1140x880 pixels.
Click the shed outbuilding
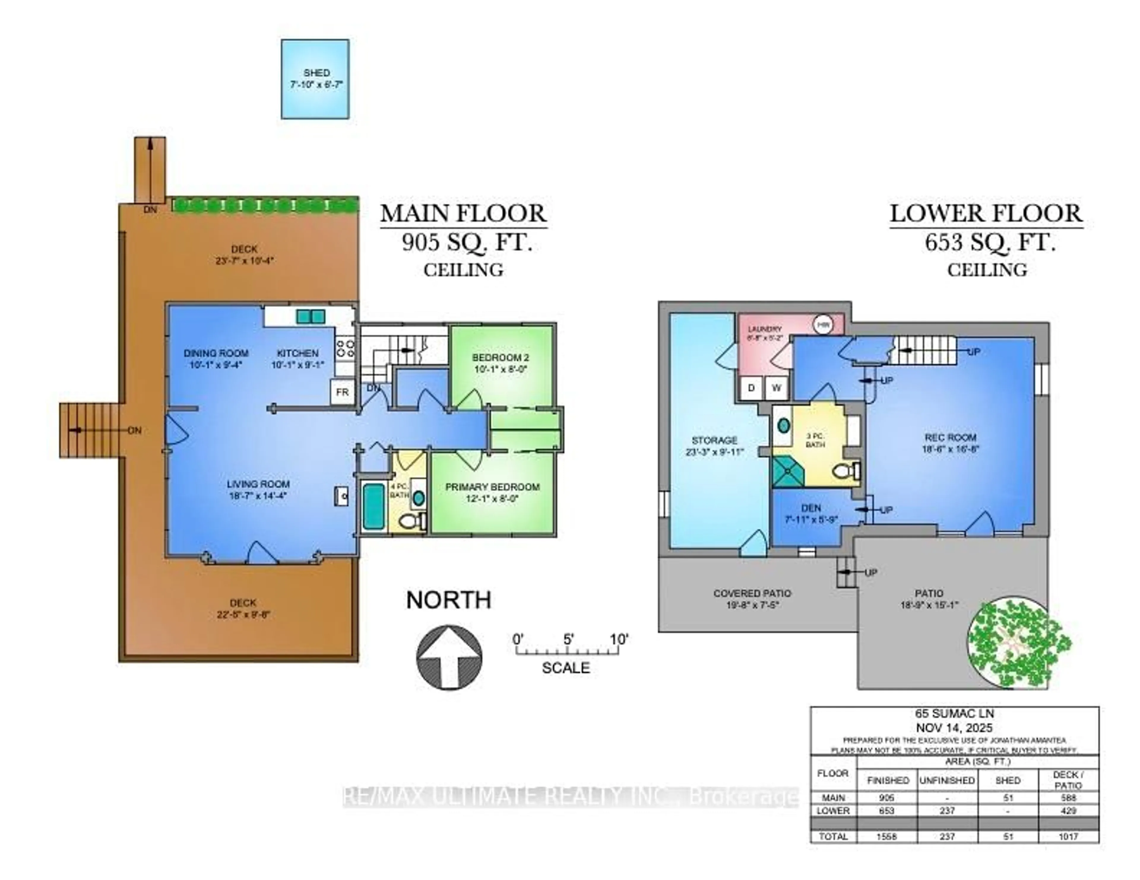[x=315, y=79]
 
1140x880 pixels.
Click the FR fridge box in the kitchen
[x=342, y=392]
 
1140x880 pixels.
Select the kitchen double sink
[x=311, y=316]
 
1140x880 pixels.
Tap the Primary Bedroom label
[x=492, y=487]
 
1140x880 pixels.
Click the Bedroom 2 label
[x=500, y=357]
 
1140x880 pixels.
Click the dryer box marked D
[x=752, y=388]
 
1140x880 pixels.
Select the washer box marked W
[x=777, y=388]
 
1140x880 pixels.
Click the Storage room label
[x=714, y=440]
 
